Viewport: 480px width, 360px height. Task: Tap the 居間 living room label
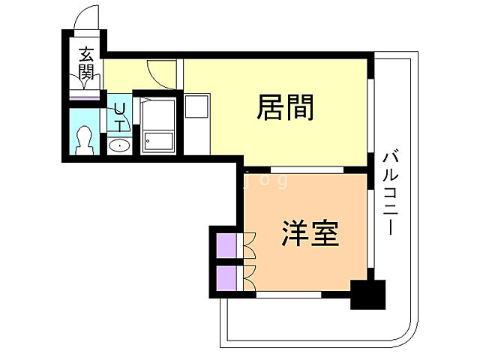(x=285, y=109)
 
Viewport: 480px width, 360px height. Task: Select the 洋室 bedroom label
(x=310, y=233)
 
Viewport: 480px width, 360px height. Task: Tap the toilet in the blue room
(x=85, y=139)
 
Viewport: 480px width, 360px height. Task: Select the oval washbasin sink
(x=118, y=145)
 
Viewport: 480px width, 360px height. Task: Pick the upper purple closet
(x=225, y=245)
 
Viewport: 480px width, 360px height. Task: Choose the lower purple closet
(x=225, y=277)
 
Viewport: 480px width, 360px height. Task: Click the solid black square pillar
(x=367, y=294)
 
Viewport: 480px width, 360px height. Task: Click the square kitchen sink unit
(x=197, y=106)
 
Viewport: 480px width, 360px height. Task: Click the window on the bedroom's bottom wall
(x=289, y=295)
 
